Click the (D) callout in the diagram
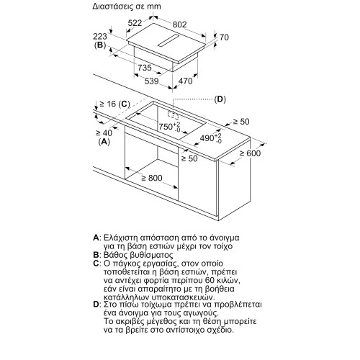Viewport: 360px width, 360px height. point(220,99)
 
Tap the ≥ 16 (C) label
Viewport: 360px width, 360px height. point(114,104)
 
